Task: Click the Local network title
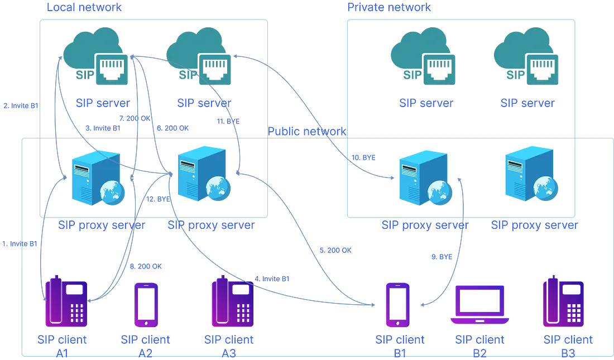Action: (84, 7)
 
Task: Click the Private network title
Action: (389, 7)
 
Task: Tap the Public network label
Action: (307, 132)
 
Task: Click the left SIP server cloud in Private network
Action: (421, 59)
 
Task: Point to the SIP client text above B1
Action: (400, 340)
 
